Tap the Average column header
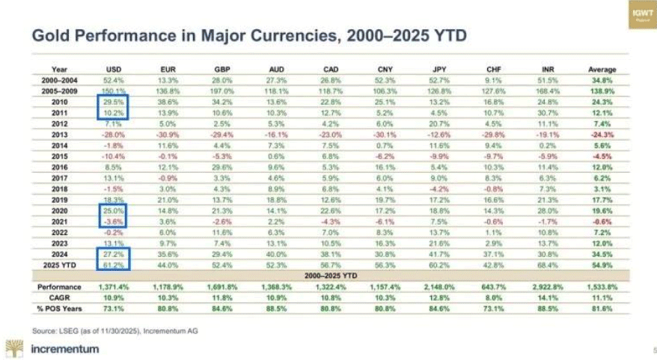[602, 69]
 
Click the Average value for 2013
[602, 135]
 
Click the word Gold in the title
[49, 34]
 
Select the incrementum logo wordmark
[64, 348]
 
